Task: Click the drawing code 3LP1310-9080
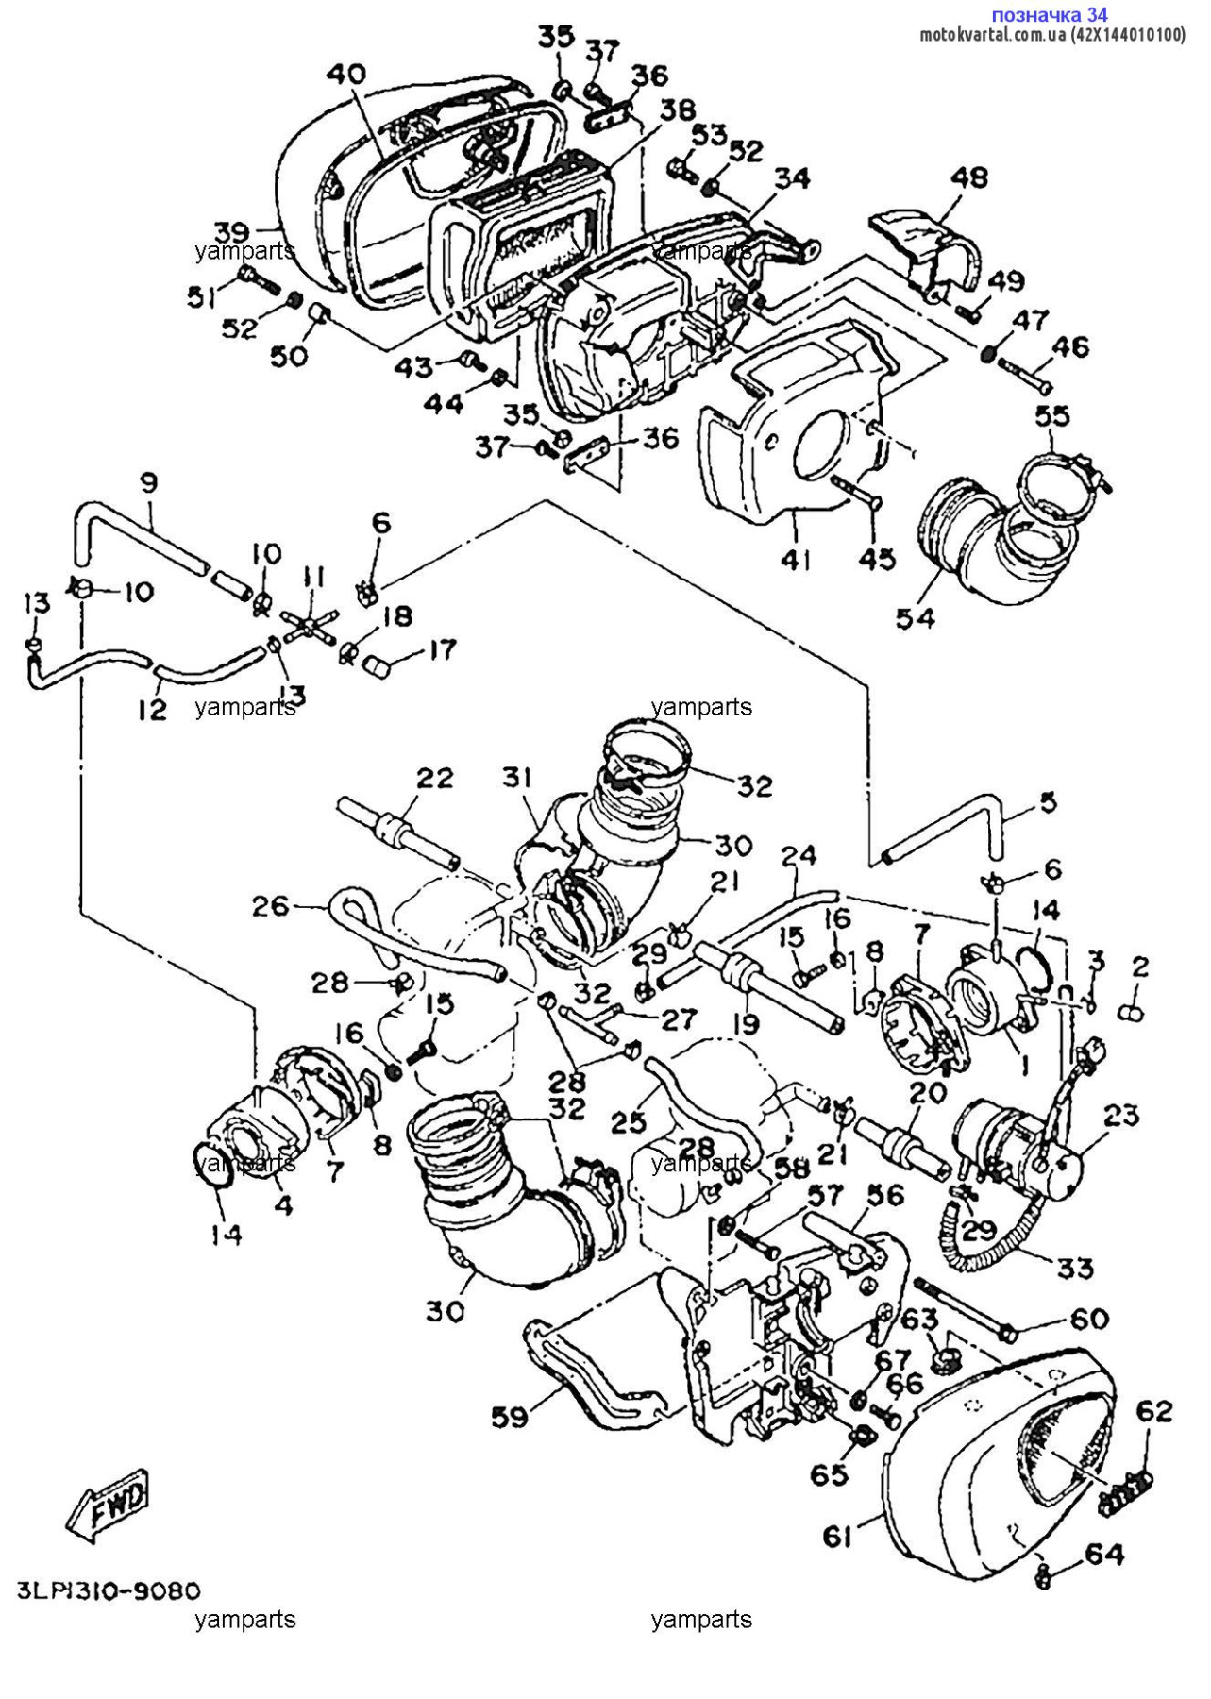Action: (x=109, y=1591)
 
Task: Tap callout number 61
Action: (x=837, y=1538)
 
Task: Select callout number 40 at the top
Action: (x=345, y=75)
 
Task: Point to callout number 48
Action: (x=968, y=177)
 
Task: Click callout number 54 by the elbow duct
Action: (x=915, y=618)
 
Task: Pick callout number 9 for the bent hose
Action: (x=149, y=483)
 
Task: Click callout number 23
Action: (x=1121, y=1116)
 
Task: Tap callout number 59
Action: (x=510, y=1417)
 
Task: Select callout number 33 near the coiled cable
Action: (x=1074, y=1268)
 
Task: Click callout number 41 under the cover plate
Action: (x=796, y=560)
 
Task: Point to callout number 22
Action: (x=435, y=778)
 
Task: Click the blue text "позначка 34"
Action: (x=1049, y=14)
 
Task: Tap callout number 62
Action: (x=1153, y=1411)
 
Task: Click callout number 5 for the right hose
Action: (x=1048, y=802)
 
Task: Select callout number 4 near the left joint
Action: (x=282, y=1205)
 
